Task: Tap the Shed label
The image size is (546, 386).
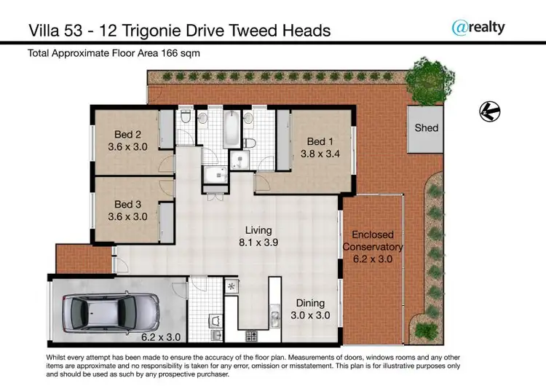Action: (427, 127)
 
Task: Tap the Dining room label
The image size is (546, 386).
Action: (310, 303)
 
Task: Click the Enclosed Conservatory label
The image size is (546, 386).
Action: (373, 241)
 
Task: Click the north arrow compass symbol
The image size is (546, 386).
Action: (488, 111)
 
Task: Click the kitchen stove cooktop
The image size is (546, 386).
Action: (251, 336)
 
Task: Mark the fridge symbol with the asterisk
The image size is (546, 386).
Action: (232, 286)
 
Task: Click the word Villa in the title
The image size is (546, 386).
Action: (44, 31)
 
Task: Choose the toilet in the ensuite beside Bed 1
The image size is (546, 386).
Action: (250, 141)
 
